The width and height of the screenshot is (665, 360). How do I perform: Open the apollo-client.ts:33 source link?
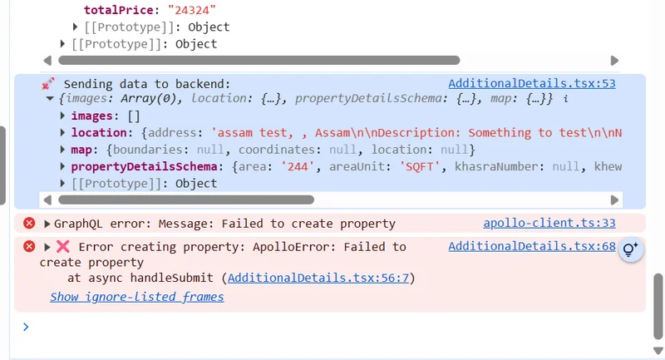point(549,223)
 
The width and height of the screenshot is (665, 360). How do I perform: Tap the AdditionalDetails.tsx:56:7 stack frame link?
point(318,278)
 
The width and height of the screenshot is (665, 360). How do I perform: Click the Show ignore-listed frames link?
point(136,296)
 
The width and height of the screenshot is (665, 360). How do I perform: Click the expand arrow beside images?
point(63,116)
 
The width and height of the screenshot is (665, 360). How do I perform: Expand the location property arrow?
point(63,132)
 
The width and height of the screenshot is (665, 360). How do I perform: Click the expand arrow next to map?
point(63,150)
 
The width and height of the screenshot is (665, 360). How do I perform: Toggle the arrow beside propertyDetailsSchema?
point(63,166)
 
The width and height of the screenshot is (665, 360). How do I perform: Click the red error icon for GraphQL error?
point(29,223)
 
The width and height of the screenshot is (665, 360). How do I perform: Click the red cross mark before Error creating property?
point(63,246)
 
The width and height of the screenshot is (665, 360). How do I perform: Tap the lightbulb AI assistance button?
point(631,249)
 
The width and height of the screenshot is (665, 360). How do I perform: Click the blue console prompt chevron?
point(25,327)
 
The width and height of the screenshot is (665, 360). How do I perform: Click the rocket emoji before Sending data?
point(48,83)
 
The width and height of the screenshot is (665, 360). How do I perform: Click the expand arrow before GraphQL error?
point(47,223)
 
